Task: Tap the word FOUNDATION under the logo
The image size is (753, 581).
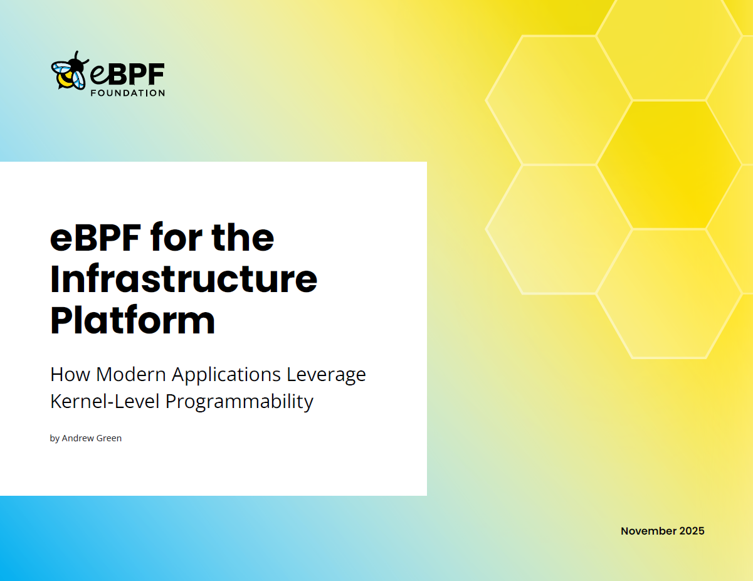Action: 127,93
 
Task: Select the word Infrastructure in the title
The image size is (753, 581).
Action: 184,279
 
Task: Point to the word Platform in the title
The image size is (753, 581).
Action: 133,321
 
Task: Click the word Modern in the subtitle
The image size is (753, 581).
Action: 131,374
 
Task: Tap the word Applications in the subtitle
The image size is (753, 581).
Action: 226,375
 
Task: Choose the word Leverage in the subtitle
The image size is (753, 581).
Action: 326,375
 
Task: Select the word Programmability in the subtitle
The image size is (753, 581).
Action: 240,402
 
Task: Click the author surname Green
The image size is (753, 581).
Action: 109,438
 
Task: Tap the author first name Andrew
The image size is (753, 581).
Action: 78,438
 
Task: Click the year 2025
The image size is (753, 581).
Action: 692,531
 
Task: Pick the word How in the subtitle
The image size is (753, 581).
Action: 70,374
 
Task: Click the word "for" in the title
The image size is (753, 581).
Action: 176,238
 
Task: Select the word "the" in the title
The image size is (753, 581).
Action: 243,238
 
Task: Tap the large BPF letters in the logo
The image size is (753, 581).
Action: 137,74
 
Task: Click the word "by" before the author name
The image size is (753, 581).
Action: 55,439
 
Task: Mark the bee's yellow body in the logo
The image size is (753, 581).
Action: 65,80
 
